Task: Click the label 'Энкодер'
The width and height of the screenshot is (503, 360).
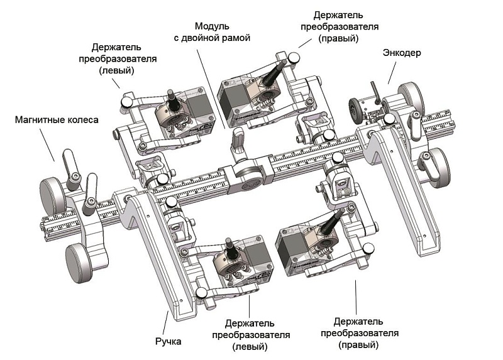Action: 402,53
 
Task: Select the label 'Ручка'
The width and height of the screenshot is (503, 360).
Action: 168,342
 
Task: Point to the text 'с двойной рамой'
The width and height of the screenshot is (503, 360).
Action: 212,38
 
